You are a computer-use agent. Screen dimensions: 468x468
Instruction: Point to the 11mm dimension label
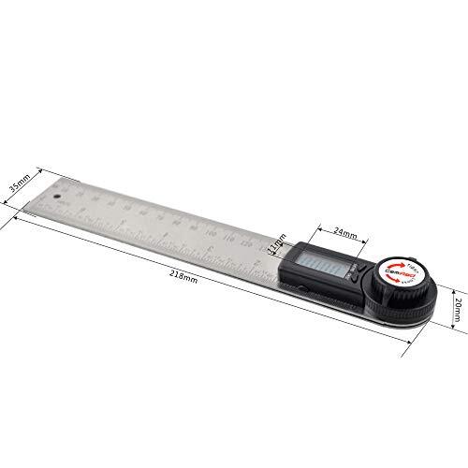[x=274, y=246]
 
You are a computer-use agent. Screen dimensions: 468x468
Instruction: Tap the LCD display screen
[x=323, y=265]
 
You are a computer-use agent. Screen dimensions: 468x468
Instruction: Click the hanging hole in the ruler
[x=55, y=197]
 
